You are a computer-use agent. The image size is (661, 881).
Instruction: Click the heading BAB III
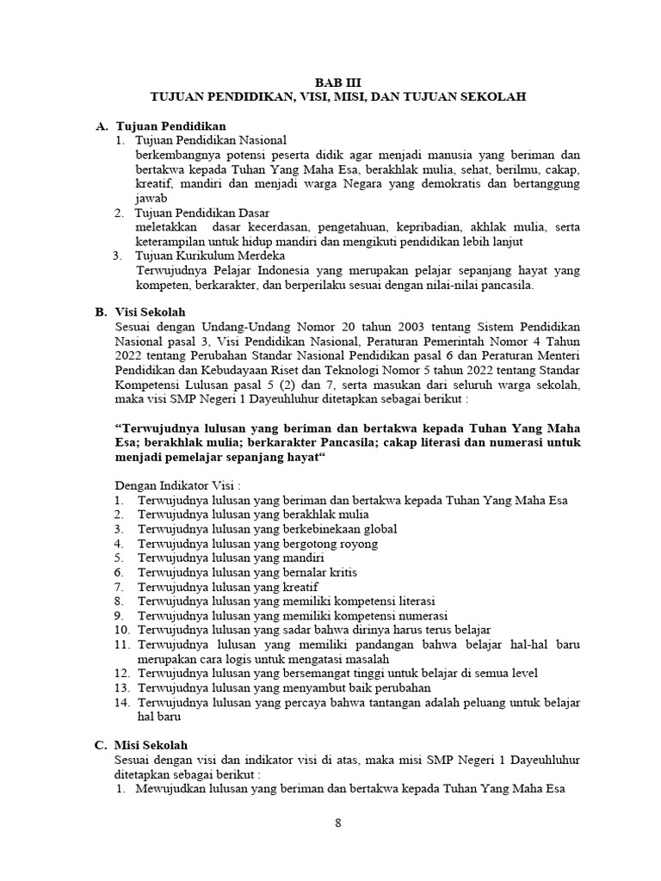(x=337, y=83)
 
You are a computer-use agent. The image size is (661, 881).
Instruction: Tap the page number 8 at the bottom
(x=338, y=822)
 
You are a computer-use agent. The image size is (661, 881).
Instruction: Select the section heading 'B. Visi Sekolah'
(x=147, y=312)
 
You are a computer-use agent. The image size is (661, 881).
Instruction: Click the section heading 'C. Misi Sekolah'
(x=148, y=744)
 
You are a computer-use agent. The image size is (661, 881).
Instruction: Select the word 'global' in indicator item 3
(x=380, y=529)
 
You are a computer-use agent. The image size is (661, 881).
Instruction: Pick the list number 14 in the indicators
(x=120, y=702)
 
